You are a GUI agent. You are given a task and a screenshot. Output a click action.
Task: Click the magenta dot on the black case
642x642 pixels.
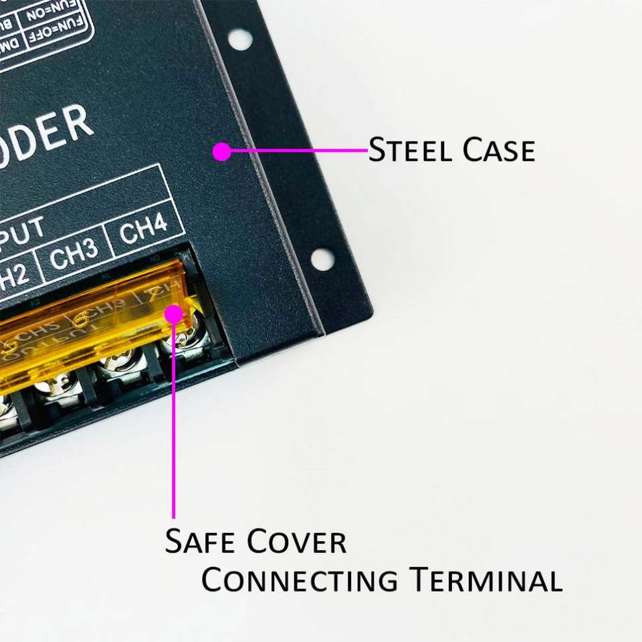(x=222, y=152)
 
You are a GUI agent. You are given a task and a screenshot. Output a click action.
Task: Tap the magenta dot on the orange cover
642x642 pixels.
(x=174, y=313)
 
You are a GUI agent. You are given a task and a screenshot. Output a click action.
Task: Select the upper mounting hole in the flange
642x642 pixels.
(x=240, y=39)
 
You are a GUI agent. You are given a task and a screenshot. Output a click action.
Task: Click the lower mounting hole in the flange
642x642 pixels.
(x=322, y=259)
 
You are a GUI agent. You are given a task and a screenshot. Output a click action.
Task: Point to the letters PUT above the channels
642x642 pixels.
(x=23, y=231)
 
